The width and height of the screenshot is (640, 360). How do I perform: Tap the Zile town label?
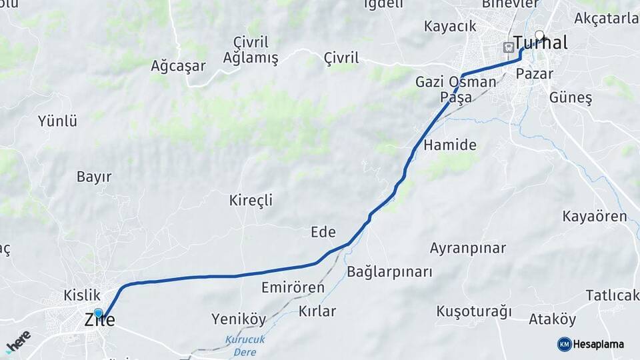100,321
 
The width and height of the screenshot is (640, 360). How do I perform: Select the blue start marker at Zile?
99,313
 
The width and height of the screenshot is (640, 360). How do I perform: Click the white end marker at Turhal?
539,36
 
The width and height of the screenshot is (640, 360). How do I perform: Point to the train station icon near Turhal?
508,47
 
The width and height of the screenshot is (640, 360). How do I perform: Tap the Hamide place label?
450,145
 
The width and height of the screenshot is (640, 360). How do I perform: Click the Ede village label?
323,232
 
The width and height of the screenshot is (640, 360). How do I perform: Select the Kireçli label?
251,200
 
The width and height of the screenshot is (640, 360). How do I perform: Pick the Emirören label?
293,288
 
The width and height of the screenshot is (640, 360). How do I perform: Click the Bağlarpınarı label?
389,272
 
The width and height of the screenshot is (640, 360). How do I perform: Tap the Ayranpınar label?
467,249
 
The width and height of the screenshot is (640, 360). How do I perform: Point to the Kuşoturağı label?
473,311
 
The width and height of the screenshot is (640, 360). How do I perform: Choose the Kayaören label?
595,217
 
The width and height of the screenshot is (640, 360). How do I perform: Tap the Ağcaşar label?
178,65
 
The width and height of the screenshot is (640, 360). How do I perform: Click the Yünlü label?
57,121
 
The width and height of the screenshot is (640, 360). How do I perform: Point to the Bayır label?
94,177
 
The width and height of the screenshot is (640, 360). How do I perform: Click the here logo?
18,341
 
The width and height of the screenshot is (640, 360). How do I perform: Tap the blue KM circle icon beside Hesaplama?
564,344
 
